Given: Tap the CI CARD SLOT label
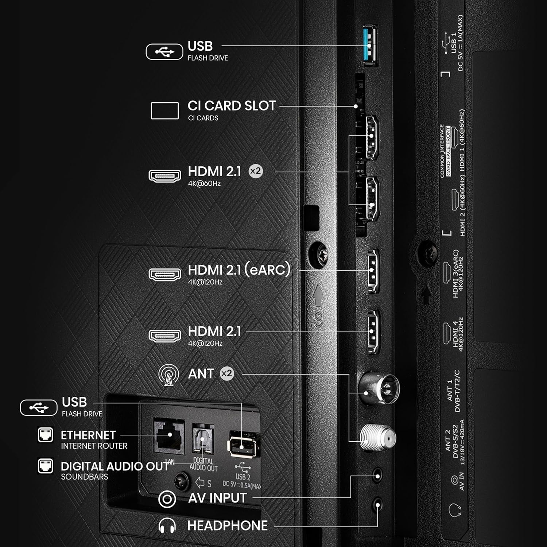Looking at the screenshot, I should pos(231,106).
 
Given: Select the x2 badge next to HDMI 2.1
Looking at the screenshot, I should pos(255,171).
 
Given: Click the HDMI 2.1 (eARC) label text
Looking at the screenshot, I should pos(239,270).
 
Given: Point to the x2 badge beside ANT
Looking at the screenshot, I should pos(226,373).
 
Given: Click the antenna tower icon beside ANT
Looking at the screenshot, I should pos(168,375).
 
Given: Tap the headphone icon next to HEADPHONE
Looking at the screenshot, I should pos(167,526).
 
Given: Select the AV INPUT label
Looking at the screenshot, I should pos(217,498).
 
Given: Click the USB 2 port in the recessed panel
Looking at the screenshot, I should pos(244,444).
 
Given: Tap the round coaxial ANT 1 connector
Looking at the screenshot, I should pos(379,389).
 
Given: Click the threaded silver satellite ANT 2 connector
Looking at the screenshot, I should pos(378,437).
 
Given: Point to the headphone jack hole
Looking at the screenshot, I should pos(378,505).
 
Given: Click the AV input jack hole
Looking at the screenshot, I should pos(378,476).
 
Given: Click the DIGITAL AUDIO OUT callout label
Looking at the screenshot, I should pos(115,466).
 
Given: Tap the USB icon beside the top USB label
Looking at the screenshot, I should pos(164,52).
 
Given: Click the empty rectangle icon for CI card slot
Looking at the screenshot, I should pos(164,110).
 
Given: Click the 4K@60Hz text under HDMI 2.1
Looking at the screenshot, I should pos(204,183).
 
